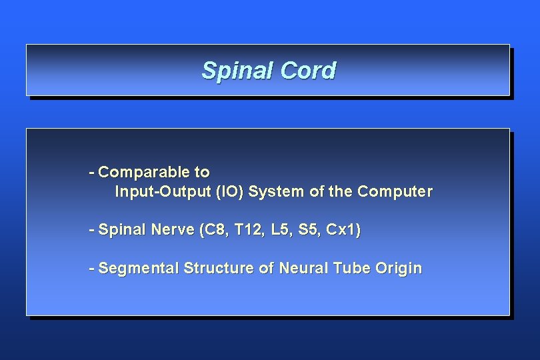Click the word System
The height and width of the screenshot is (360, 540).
(x=277, y=192)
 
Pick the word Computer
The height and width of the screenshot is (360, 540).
(x=395, y=192)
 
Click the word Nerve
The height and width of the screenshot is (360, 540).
(x=173, y=231)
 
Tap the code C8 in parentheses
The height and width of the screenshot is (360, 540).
(x=213, y=231)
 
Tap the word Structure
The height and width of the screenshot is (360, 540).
(x=219, y=269)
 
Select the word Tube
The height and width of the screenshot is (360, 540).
(x=349, y=269)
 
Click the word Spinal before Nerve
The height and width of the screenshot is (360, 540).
(x=122, y=231)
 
